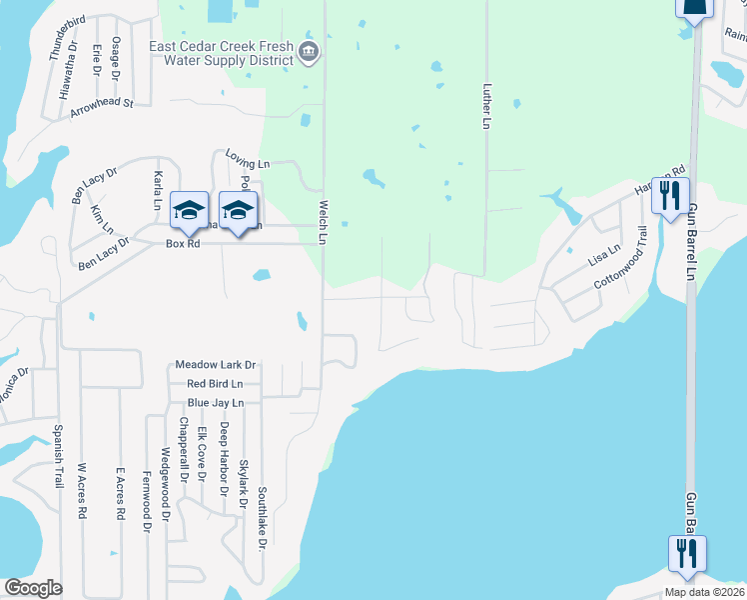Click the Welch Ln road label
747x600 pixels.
pyautogui.click(x=323, y=221)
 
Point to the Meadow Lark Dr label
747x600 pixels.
pyautogui.click(x=216, y=366)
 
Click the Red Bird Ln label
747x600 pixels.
pyautogui.click(x=216, y=384)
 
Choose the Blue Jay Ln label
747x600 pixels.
pyautogui.click(x=216, y=403)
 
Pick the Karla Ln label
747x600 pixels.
pyautogui.click(x=158, y=190)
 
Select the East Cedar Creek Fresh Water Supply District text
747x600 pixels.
pyautogui.click(x=221, y=53)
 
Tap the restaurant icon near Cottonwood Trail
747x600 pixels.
pyautogui.click(x=671, y=194)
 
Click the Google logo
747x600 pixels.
pyautogui.click(x=33, y=588)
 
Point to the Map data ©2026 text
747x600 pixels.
pyautogui.click(x=705, y=592)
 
